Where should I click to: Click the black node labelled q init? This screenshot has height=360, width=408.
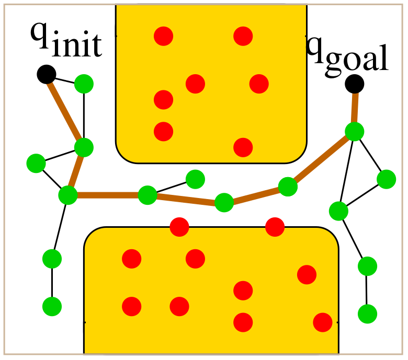47,74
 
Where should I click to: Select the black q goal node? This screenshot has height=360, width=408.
355,84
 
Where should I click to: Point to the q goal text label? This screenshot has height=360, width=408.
347,56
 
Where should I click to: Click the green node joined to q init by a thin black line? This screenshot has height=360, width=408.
84,84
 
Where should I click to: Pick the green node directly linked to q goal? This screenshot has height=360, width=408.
355,132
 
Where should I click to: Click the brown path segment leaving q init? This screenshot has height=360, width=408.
65,111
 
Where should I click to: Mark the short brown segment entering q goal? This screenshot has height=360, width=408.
355,108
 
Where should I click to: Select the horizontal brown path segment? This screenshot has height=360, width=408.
108,195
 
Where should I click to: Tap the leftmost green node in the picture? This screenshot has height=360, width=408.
36,164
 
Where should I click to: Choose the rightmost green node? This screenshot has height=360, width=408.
387,179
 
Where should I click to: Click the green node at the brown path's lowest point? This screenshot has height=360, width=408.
224,203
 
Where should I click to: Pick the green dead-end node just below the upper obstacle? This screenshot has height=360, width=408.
196,179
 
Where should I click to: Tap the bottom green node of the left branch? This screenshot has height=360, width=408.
52,307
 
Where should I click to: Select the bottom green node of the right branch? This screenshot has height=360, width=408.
367,314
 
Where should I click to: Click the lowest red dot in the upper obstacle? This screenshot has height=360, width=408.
243,148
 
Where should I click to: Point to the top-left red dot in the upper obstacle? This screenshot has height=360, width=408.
163,36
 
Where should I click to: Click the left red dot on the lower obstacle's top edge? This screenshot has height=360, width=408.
179,227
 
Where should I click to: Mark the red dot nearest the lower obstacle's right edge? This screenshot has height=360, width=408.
323,322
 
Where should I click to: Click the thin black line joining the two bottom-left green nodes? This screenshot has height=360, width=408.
52,283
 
